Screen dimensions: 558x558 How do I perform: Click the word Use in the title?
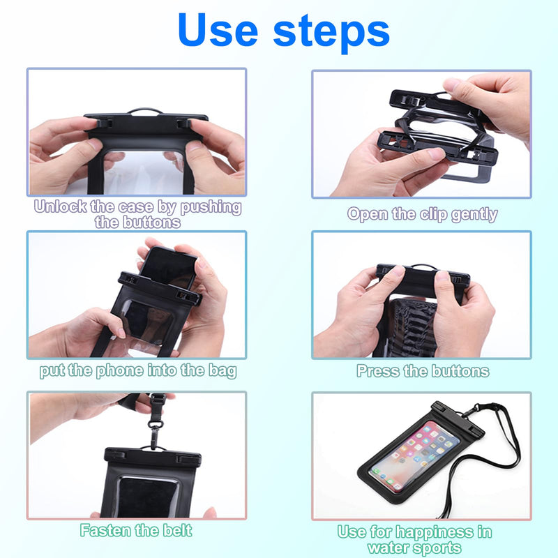click(218, 29)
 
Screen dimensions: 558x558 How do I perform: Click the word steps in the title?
click(331, 32)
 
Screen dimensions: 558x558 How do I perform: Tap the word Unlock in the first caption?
click(60, 206)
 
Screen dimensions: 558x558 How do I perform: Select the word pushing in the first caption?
click(211, 207)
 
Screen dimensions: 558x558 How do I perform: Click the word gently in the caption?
click(474, 215)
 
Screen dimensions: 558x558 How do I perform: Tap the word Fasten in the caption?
click(106, 530)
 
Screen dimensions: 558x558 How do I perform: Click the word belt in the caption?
click(177, 530)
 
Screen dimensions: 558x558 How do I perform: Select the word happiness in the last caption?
click(434, 532)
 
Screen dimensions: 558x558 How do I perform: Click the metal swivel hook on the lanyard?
click(155, 430)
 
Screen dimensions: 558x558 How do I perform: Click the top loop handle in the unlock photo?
click(144, 111)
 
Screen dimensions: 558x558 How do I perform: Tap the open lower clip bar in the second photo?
click(437, 148)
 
